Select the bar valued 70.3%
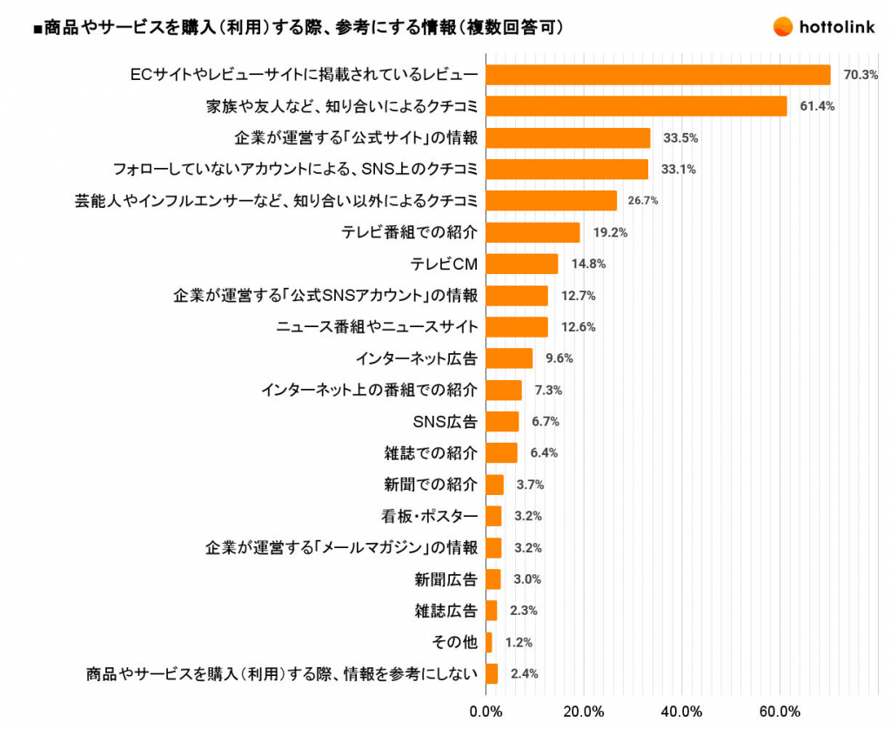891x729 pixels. click(x=658, y=75)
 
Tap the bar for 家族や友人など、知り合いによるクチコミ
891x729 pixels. click(x=636, y=106)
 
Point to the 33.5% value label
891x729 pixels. click(x=680, y=138)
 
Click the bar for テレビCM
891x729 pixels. click(x=521, y=264)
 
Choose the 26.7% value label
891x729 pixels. click(x=643, y=201)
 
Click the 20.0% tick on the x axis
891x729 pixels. click(x=584, y=712)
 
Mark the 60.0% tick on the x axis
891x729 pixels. click(x=780, y=712)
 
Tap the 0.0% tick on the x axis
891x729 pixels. click(x=486, y=712)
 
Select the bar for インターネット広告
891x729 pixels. click(x=509, y=358)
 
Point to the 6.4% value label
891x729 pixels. click(x=544, y=453)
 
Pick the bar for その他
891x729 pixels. click(x=489, y=642)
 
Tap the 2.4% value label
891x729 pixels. click(x=524, y=673)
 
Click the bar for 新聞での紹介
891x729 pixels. click(x=494, y=485)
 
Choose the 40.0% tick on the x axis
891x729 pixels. click(x=682, y=712)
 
